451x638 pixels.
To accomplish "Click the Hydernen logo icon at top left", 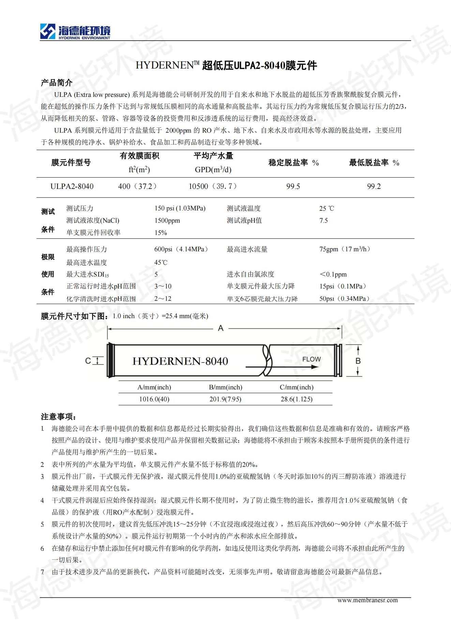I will click(48, 31).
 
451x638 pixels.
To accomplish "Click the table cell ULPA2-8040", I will click(72, 187).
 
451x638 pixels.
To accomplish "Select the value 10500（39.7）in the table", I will click(213, 187).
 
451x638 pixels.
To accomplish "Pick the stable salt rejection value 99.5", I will click(293, 187).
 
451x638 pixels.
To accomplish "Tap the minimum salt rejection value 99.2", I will click(374, 187).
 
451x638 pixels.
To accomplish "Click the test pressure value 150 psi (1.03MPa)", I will click(180, 208).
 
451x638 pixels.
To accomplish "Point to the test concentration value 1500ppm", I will click(167, 221).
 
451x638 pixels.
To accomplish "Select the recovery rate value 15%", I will click(161, 233).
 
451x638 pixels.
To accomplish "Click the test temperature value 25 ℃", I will click(327, 208).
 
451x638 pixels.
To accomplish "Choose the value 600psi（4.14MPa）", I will click(181, 249).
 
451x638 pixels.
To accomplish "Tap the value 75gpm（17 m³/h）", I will click(345, 249).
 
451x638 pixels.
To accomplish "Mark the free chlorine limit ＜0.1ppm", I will click(333, 275).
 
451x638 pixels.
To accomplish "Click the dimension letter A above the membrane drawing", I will click(221, 328).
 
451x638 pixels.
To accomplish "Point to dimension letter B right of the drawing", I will click(358, 361).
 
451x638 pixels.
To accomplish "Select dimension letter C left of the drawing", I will click(88, 361).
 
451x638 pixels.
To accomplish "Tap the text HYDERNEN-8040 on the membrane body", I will click(180, 361).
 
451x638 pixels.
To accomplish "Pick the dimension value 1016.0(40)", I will click(154, 399).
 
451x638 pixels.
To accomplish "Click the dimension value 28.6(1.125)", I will click(297, 399).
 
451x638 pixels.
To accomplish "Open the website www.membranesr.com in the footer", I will click(367, 600).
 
